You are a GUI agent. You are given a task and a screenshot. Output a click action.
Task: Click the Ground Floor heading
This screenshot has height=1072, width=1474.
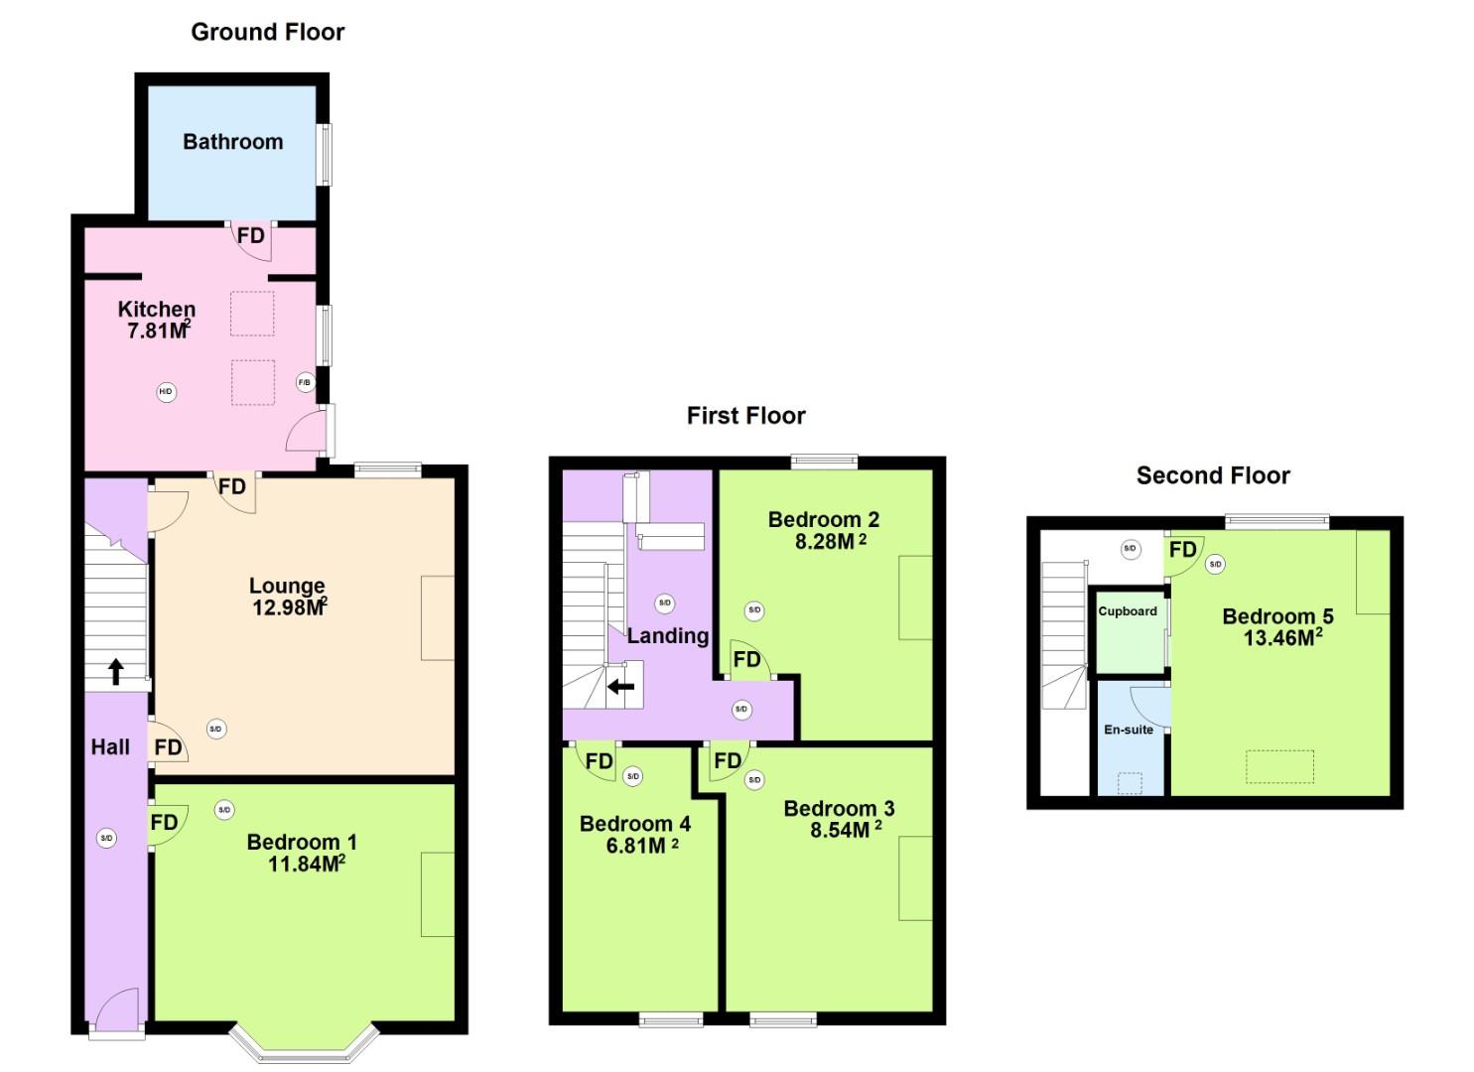pos(267,32)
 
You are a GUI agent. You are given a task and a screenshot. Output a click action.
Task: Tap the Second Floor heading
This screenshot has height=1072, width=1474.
pos(1212,475)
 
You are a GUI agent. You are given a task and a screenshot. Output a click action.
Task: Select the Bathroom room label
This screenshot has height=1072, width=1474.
pos(232,142)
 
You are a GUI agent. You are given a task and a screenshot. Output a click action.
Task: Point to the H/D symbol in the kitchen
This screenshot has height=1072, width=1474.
pos(166,392)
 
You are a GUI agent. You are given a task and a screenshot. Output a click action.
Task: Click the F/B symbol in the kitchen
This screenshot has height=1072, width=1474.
pos(305,382)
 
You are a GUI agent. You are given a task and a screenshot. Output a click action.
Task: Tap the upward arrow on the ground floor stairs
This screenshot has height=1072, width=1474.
pos(115,672)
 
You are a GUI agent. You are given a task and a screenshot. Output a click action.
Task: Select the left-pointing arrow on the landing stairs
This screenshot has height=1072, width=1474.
pos(621,686)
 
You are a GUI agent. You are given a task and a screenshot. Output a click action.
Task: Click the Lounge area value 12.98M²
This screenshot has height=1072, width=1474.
pos(289,606)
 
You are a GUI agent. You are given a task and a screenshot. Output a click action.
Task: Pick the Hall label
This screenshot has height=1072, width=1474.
pos(110,747)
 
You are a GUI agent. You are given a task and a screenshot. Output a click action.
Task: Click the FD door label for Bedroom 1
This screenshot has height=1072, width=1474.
pos(164,823)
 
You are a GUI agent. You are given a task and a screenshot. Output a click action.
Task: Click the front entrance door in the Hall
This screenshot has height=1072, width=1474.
pos(115,1010)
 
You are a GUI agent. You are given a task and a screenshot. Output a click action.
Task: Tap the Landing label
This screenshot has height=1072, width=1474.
pos(667,636)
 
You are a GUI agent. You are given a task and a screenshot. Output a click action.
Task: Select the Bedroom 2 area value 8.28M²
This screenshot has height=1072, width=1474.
pos(830,542)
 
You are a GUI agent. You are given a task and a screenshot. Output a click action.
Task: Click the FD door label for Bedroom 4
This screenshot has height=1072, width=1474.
pos(599,761)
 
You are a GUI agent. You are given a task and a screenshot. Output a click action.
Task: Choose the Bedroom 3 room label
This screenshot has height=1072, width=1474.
pos(838,808)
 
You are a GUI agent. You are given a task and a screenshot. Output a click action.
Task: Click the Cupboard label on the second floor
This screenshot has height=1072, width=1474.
pos(1127,611)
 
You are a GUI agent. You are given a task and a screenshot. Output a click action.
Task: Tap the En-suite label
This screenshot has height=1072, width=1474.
pos(1129,730)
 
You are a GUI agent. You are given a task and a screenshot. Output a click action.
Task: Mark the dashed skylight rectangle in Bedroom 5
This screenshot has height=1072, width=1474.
pos(1279,766)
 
